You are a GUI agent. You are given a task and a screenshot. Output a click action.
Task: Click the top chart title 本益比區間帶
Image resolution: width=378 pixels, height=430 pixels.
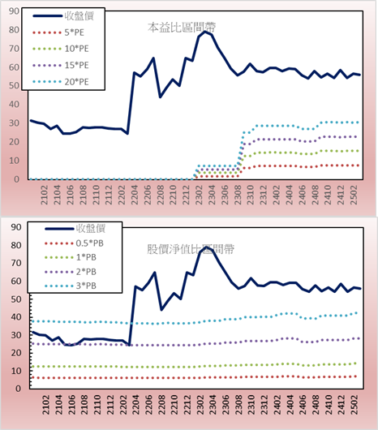182,28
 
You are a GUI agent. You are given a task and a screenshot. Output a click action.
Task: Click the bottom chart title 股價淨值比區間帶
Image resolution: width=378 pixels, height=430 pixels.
191,249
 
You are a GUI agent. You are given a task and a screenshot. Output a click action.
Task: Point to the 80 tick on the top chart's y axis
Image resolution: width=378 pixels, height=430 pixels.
14,30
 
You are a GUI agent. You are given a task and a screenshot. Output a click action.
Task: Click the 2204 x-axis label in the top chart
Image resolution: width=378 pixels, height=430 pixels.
135,195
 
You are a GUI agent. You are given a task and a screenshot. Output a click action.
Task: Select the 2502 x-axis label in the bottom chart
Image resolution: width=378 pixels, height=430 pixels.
355,404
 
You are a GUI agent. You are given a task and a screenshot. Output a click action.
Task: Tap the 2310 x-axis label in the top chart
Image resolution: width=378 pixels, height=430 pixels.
251,195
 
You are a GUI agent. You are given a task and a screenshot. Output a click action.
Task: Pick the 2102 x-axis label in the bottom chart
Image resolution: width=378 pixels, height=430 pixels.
46,404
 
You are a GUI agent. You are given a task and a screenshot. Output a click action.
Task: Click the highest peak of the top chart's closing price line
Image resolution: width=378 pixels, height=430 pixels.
204,32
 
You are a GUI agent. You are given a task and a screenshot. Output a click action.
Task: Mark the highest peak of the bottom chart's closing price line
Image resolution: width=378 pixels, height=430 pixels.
206,247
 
